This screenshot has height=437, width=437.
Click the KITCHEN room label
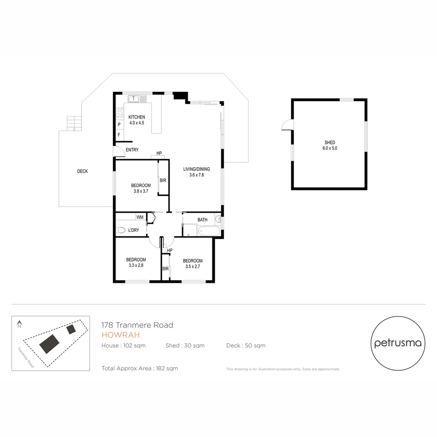pos(136,117)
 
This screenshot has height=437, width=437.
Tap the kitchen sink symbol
pos(134,98)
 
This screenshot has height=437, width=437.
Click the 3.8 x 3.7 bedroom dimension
pos(141,191)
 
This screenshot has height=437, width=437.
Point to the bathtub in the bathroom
pos(209,232)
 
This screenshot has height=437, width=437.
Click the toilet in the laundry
pos(121,230)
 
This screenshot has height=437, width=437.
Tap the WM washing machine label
pos(140,217)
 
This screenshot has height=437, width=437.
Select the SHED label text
pos(330,142)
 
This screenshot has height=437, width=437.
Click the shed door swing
pos(287,125)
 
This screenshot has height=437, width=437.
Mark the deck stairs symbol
pos(74,123)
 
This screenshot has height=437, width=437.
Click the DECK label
pos(83,171)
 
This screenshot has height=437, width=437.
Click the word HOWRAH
pos(121,335)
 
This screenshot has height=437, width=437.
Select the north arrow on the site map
pos(19,324)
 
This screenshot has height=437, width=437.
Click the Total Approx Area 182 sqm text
pos(140,368)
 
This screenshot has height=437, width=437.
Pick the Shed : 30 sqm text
pos(185,346)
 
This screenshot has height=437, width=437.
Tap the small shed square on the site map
pos(71,329)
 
